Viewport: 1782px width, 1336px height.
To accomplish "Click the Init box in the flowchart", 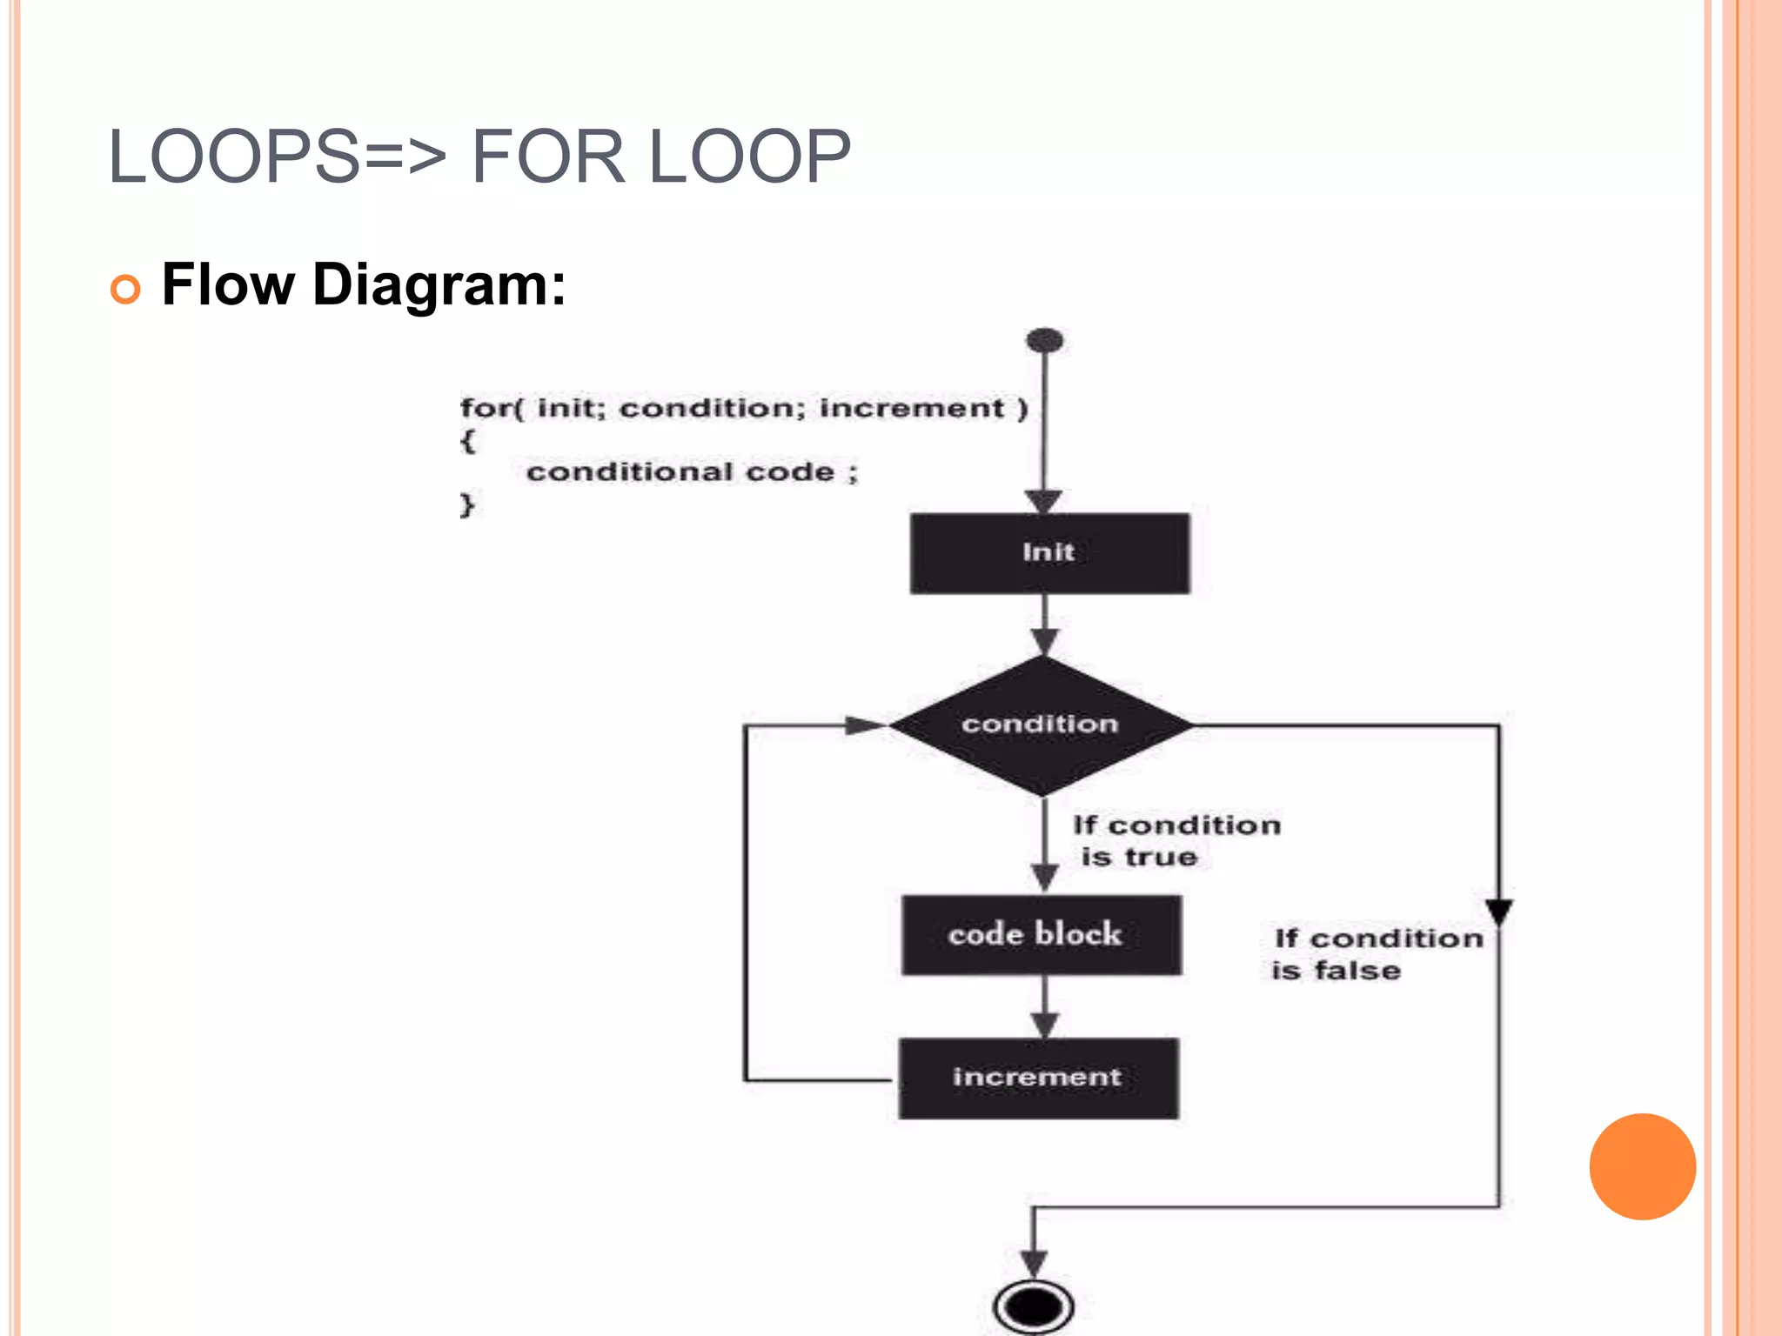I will [x=1049, y=553].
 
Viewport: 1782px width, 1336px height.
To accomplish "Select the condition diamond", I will [x=1041, y=725].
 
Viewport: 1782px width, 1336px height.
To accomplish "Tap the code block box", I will [x=1041, y=934].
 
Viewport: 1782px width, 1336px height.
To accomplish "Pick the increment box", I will [x=1038, y=1078].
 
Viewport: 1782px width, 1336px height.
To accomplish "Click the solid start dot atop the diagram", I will [x=1044, y=340].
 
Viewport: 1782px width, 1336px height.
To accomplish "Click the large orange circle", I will [x=1642, y=1166].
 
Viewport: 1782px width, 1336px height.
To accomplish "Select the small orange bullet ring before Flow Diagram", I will [x=125, y=289].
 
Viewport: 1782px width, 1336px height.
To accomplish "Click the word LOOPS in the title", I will [x=233, y=157].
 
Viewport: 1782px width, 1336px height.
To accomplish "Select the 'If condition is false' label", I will [x=1377, y=954].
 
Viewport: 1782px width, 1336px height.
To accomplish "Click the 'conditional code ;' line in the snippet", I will [x=692, y=472].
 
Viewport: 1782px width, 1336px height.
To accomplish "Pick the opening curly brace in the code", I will [x=467, y=440].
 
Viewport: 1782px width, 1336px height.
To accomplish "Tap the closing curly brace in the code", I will [x=467, y=504].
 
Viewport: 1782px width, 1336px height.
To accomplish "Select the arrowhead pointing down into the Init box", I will [x=1043, y=501].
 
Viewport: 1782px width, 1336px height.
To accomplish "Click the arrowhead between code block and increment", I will [x=1044, y=1025].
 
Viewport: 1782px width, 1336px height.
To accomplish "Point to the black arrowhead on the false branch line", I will [x=1498, y=912].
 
